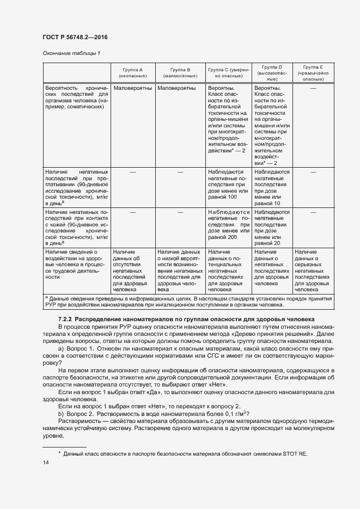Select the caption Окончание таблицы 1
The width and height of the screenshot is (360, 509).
(x=71, y=53)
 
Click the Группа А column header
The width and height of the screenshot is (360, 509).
(x=133, y=73)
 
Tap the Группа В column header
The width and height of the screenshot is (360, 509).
(x=180, y=73)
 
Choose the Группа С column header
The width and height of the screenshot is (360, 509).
(x=228, y=73)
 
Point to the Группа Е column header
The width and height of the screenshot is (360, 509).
(x=313, y=73)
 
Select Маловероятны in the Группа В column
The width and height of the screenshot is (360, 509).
(x=179, y=88)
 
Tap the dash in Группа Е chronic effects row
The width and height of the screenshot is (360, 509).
(x=313, y=88)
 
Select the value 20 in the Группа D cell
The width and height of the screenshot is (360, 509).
(x=277, y=243)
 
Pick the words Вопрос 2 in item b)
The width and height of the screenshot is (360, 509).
(x=80, y=414)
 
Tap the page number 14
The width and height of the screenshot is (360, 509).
(x=46, y=463)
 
